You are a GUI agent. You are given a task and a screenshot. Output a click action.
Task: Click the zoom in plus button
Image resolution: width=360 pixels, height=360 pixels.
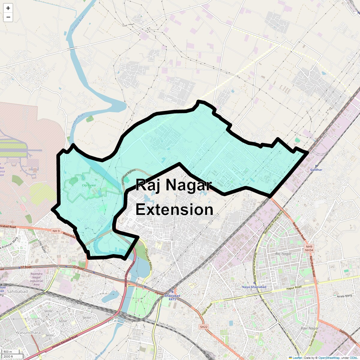(x=8, y=8)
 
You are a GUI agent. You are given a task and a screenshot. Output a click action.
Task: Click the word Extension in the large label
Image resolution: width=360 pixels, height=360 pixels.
(x=174, y=209)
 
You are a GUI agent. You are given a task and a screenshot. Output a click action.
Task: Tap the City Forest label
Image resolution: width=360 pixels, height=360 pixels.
(x=89, y=185)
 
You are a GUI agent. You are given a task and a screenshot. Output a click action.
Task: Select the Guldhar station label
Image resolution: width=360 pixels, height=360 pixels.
(x=316, y=170)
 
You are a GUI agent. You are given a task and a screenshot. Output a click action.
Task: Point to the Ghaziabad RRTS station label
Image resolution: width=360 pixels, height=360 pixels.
(x=172, y=297)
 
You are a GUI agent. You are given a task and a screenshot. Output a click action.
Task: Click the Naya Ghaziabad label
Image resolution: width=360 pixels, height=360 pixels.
(x=254, y=287)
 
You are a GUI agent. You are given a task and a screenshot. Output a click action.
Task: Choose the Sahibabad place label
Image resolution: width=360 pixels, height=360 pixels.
(x=17, y=291)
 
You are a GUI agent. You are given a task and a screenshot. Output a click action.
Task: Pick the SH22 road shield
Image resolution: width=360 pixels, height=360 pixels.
(x=203, y=327)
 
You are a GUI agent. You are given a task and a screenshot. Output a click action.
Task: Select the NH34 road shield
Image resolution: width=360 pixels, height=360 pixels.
(x=309, y=250)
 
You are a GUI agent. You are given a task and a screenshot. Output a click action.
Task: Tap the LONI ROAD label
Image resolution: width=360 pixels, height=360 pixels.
(x=42, y=246)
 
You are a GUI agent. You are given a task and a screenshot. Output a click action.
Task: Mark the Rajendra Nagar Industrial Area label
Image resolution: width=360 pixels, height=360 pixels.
(x=36, y=279)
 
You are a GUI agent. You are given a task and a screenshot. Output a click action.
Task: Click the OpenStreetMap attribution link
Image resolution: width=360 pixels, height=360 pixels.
(x=329, y=358)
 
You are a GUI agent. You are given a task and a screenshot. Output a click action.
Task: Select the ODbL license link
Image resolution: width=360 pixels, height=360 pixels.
(x=353, y=358)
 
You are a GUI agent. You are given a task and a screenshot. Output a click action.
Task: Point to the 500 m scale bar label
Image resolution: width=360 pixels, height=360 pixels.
(x=8, y=352)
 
